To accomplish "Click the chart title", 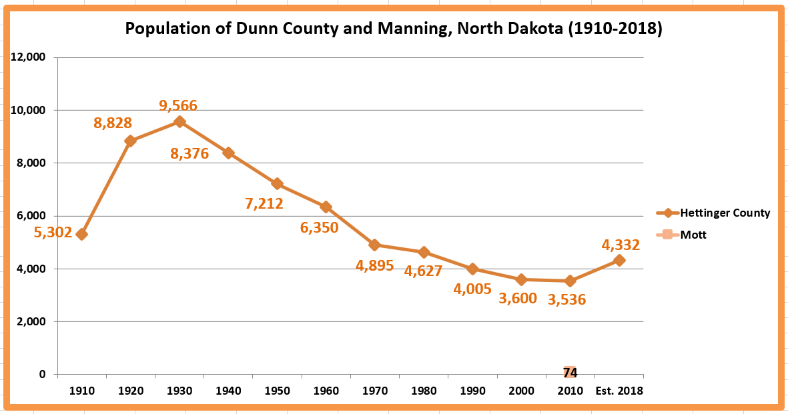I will tap(394, 29).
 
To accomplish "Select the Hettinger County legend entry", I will tap(725, 213).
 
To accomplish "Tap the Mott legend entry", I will tap(693, 235).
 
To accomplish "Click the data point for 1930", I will tap(179, 122).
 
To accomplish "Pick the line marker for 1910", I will tap(81, 234).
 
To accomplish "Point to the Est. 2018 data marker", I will tap(619, 260).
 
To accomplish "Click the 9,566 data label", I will tap(178, 105).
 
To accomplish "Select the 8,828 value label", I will tap(113, 123).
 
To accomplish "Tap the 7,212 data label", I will tap(264, 204).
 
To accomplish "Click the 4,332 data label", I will tap(621, 245).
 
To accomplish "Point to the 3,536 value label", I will tap(566, 299).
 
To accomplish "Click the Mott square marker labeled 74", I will tap(570, 373).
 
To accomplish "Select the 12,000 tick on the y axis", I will tap(28, 57).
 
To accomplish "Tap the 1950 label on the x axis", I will tap(277, 391).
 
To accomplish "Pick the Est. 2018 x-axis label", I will tap(620, 391).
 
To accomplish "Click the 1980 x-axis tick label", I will tap(424, 391).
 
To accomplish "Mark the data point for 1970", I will tap(375, 245).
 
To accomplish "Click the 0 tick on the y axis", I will tap(42, 375).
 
